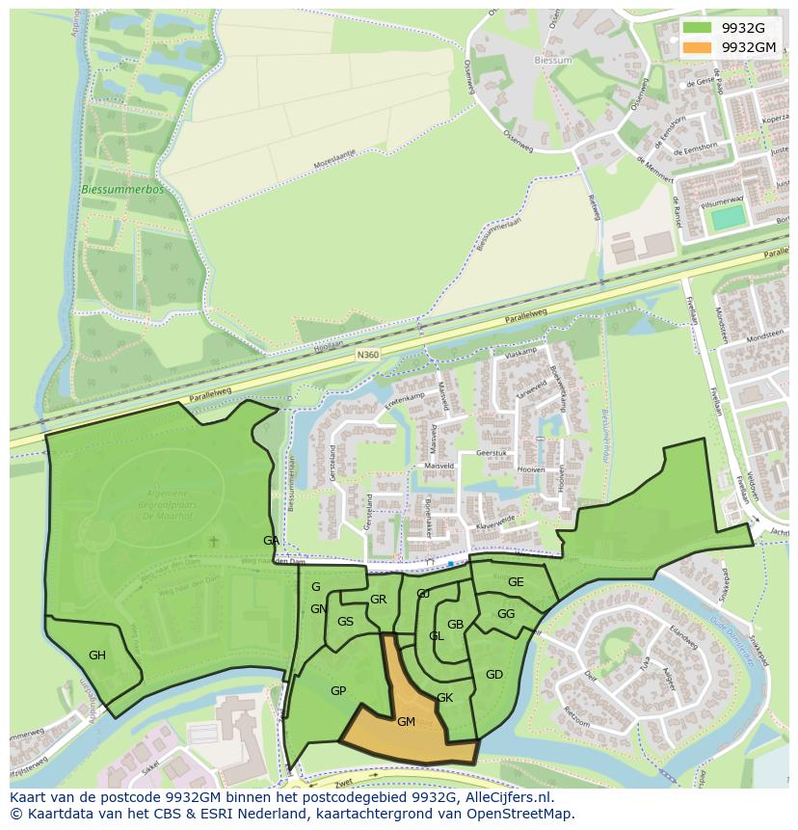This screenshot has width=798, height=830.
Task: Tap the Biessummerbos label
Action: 122,190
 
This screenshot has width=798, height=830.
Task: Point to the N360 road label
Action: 367,356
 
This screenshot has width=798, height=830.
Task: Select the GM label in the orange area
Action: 406,721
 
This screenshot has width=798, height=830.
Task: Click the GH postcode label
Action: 97,656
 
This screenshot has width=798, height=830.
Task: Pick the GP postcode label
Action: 338,691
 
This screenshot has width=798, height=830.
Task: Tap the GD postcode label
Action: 494,674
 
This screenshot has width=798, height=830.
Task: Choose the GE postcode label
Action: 516,581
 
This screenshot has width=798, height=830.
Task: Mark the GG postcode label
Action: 506,614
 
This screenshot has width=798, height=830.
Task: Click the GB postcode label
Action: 456,625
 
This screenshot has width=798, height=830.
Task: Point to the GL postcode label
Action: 437,636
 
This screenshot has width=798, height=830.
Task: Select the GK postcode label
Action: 444,698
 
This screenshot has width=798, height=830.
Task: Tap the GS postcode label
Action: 345,622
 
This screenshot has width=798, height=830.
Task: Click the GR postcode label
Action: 378,600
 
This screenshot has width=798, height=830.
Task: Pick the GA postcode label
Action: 271,541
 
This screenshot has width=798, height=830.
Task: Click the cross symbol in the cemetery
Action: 214,542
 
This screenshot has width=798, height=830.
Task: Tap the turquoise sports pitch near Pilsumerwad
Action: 729,217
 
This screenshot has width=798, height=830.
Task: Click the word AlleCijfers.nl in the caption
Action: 507,797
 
